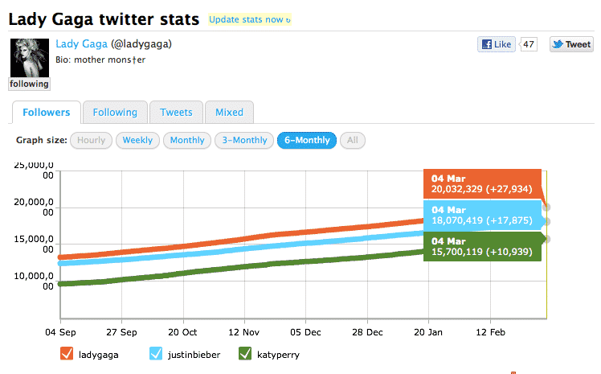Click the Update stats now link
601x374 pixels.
[x=249, y=18]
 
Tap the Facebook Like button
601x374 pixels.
[x=496, y=44]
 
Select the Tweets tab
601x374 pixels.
[x=176, y=113]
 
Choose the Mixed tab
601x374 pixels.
[x=229, y=113]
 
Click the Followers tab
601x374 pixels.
[x=47, y=113]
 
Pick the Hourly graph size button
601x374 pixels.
[x=91, y=140]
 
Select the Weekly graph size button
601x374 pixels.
[x=137, y=140]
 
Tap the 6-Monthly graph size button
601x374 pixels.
[x=305, y=140]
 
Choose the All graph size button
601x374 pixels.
[x=351, y=140]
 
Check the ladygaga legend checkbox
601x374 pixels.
[x=67, y=354]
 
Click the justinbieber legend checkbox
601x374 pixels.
[x=157, y=354]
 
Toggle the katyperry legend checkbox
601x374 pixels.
[x=246, y=354]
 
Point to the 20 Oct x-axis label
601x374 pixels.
[x=183, y=331]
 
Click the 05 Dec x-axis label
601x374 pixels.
[x=306, y=331]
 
